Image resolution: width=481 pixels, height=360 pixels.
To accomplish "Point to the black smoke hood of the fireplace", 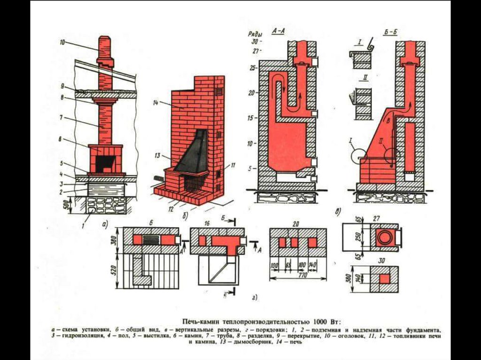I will [x=193, y=153].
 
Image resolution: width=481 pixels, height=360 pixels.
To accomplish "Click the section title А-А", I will [x=278, y=31].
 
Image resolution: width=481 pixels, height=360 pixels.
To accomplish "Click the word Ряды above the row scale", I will [x=255, y=34].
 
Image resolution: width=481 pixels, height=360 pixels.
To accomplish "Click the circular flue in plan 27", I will [x=384, y=237].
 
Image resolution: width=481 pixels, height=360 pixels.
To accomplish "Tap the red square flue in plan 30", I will [x=385, y=279].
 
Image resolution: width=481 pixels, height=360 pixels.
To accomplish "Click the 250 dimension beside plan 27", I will [x=358, y=237].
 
